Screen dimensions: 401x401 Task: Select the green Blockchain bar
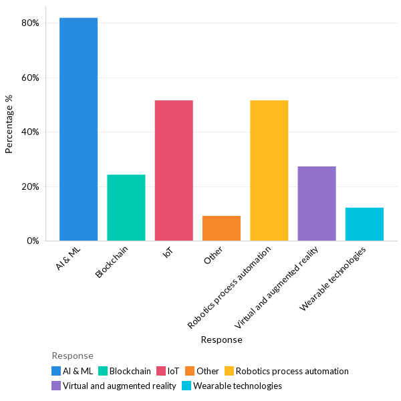point(126,207)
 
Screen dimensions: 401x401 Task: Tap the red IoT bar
point(174,170)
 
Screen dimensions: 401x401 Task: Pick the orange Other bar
point(221,228)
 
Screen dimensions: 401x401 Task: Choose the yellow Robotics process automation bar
point(269,170)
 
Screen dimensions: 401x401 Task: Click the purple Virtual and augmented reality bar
point(316,203)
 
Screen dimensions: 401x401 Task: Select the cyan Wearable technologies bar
point(364,224)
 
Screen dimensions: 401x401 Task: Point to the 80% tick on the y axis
point(30,23)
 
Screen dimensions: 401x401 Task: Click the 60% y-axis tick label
point(30,78)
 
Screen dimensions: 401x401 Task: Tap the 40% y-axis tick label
point(30,132)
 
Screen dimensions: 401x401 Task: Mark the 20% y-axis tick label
point(30,186)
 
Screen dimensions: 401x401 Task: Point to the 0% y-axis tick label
point(32,241)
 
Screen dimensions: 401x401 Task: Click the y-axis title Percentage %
point(9,124)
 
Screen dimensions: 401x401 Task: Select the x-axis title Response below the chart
point(221,340)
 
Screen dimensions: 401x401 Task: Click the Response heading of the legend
point(72,356)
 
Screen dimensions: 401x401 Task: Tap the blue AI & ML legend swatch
point(56,371)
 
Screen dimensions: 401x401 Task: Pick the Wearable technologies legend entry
point(237,386)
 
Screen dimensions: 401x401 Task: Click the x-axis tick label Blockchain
point(113,262)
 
